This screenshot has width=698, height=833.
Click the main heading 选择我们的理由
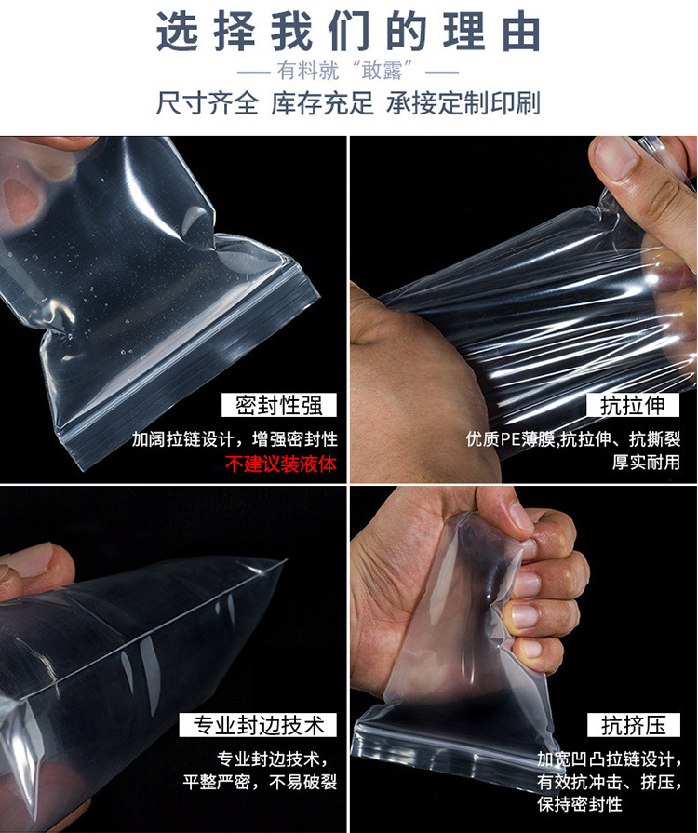coord(349,33)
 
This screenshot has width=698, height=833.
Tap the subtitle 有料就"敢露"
coord(349,72)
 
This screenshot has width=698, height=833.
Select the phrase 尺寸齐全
coord(208,103)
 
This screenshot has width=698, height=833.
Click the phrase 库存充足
coord(322,103)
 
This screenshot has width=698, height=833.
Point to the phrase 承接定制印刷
coord(463,103)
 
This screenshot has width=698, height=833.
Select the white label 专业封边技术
coord(259,725)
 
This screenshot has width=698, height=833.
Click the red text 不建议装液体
coord(280,464)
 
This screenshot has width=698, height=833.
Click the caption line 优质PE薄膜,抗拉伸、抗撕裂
coord(572,439)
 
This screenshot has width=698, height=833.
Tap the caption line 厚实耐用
coord(645,463)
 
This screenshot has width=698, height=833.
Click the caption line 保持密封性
coord(579,803)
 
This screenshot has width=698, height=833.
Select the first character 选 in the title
coord(177,33)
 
